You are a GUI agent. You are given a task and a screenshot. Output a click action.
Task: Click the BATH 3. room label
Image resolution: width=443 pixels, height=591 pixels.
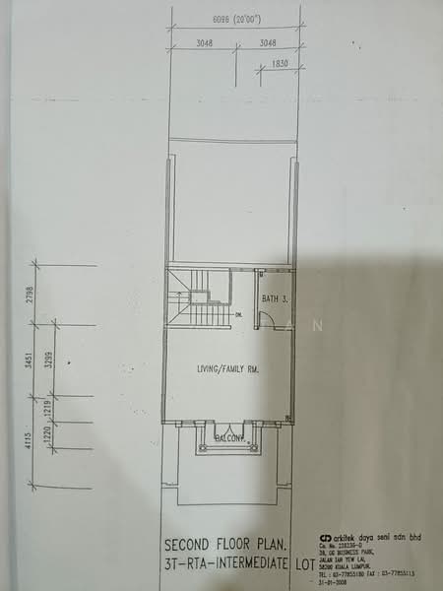tap(275, 297)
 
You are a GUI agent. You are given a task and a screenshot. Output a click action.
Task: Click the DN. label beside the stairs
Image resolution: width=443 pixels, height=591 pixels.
tap(238, 315)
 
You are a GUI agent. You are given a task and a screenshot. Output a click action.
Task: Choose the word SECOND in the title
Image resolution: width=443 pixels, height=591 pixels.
tap(193, 544)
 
